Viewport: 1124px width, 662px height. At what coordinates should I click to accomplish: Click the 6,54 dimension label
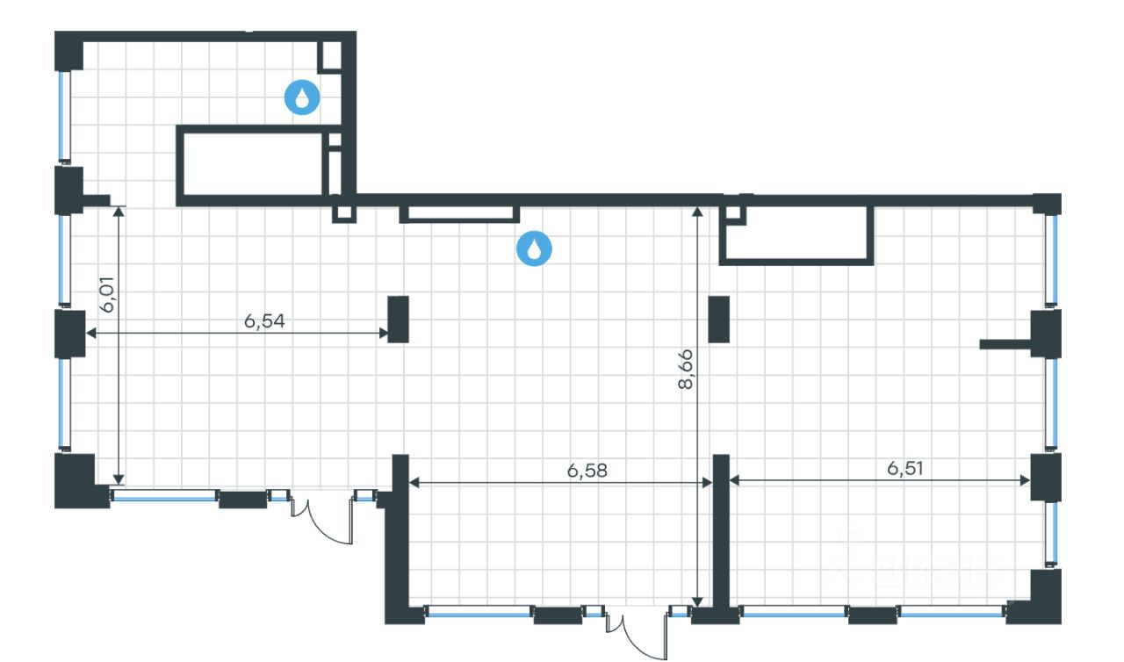click(x=265, y=321)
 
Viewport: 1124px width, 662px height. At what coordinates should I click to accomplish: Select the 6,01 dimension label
click(x=108, y=298)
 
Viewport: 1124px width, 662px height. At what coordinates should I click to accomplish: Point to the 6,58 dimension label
click(x=587, y=471)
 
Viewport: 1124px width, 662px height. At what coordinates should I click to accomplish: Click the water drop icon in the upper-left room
click(x=302, y=97)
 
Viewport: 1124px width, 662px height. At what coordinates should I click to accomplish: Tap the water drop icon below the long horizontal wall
click(x=534, y=248)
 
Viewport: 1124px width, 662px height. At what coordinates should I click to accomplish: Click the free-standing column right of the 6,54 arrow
click(x=399, y=319)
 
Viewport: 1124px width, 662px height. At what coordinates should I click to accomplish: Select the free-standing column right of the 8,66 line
click(x=719, y=319)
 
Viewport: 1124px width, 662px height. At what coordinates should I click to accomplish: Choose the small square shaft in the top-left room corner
click(x=331, y=55)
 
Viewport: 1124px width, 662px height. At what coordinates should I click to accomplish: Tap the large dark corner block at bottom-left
click(x=74, y=479)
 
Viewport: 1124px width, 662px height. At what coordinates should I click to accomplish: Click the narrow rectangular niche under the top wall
click(x=459, y=213)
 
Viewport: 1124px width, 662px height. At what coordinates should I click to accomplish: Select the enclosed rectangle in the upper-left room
click(x=252, y=164)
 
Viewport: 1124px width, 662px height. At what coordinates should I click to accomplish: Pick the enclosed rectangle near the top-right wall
click(x=796, y=235)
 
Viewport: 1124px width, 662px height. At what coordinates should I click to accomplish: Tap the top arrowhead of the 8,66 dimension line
click(x=697, y=211)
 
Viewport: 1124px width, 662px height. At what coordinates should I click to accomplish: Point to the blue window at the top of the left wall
click(x=63, y=116)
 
